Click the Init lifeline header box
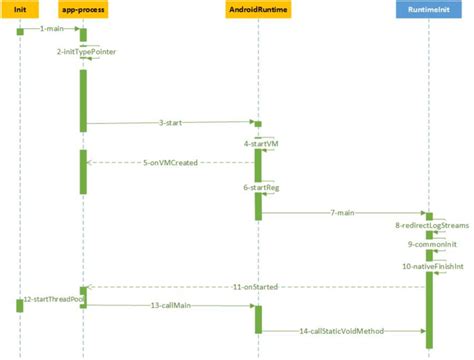pyautogui.click(x=20, y=9)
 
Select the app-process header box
pyautogui.click(x=84, y=9)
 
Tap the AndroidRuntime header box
pyautogui.click(x=257, y=9)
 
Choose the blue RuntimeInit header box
pyautogui.click(x=429, y=9)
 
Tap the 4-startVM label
pyautogui.click(x=261, y=144)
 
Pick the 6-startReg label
pyautogui.click(x=260, y=187)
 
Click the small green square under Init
pyautogui.click(x=20, y=31)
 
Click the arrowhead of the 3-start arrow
pyautogui.click(x=251, y=124)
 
